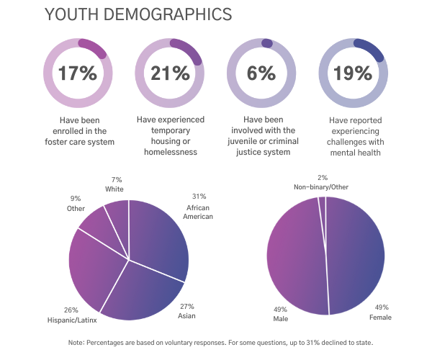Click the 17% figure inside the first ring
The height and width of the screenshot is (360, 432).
click(x=77, y=73)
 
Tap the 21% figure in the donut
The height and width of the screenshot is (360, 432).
click(x=169, y=73)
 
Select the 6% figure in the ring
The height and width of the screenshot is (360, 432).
click(x=261, y=73)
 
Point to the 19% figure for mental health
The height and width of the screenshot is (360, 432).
click(x=353, y=73)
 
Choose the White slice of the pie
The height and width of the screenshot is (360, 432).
click(x=117, y=215)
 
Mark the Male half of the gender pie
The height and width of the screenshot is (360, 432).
click(x=296, y=256)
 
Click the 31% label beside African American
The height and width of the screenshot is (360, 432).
click(x=199, y=196)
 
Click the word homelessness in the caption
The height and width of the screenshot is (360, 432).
click(x=169, y=152)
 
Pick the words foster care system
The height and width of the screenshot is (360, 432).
click(x=77, y=141)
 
